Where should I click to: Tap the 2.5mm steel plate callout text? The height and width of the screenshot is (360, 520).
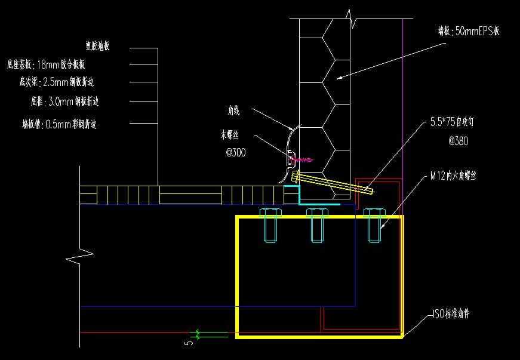59,82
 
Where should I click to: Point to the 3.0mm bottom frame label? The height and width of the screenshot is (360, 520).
64,101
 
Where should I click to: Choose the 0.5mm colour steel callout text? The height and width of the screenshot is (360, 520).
59,125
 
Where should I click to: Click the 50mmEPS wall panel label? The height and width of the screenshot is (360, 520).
468,32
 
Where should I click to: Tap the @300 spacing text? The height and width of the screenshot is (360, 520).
235,153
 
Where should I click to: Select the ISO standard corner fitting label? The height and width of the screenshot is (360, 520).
451,313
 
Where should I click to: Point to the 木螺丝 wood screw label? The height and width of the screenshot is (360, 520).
232,136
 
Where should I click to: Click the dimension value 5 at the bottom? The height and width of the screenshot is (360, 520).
189,344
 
